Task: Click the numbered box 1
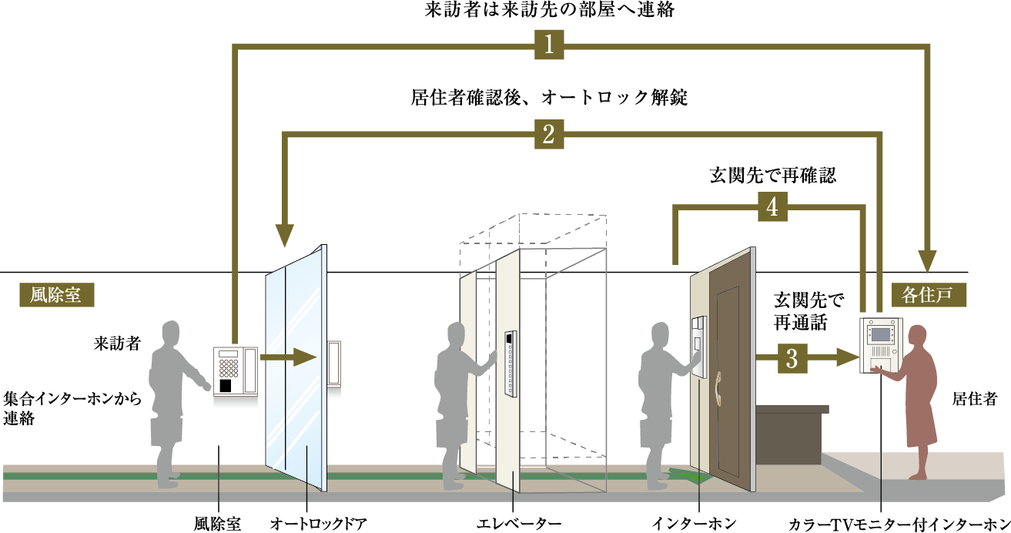tap(549, 45)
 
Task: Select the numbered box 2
tap(549, 134)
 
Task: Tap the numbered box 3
tap(792, 358)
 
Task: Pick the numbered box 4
tap(772, 206)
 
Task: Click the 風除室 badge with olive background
tap(57, 295)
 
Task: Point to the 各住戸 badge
tap(929, 295)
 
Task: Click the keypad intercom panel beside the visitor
tap(235, 372)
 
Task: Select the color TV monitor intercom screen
tap(880, 335)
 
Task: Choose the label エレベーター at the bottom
tap(519, 524)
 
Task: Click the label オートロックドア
tap(319, 524)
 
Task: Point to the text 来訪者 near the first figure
tap(117, 344)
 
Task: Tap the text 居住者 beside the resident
tap(975, 399)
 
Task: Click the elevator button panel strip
tap(511, 364)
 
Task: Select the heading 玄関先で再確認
tap(773, 176)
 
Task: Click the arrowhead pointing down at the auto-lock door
tap(285, 235)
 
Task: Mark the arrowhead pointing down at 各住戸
tap(927, 261)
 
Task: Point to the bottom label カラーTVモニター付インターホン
tap(899, 525)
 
